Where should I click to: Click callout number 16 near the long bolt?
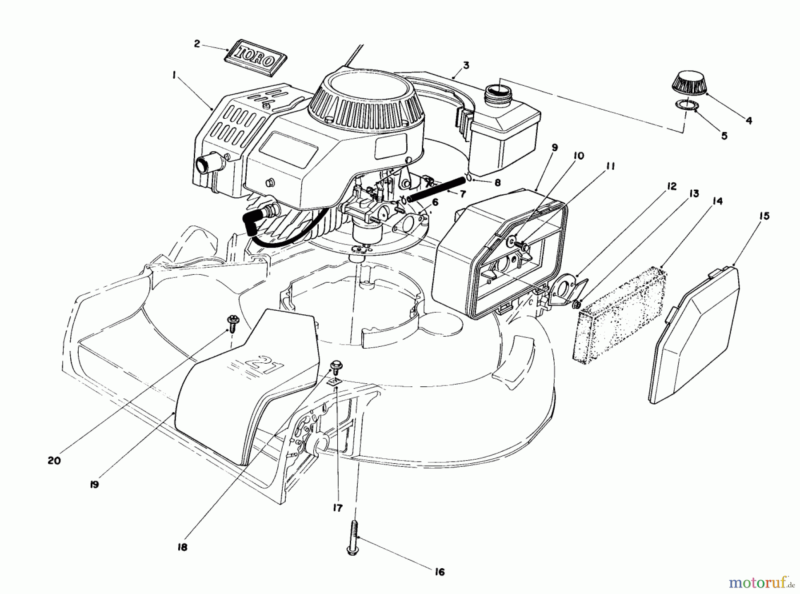[439, 572]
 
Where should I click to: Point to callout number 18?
[183, 547]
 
